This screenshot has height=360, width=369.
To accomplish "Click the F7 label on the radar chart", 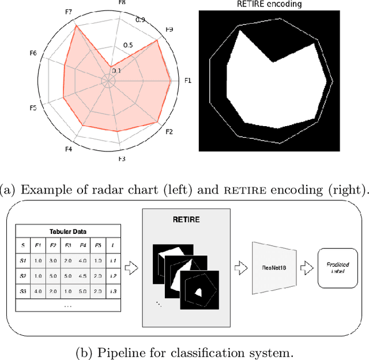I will pos(68,12).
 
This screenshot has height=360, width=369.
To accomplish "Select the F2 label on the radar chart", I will pos(169,132).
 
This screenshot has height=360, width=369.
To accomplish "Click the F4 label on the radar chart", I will pos(68,150).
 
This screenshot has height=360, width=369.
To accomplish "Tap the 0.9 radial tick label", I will pos(140,20).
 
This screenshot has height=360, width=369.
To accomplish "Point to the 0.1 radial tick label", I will pos(117,70).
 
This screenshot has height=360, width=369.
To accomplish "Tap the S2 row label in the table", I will pos(23,275).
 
